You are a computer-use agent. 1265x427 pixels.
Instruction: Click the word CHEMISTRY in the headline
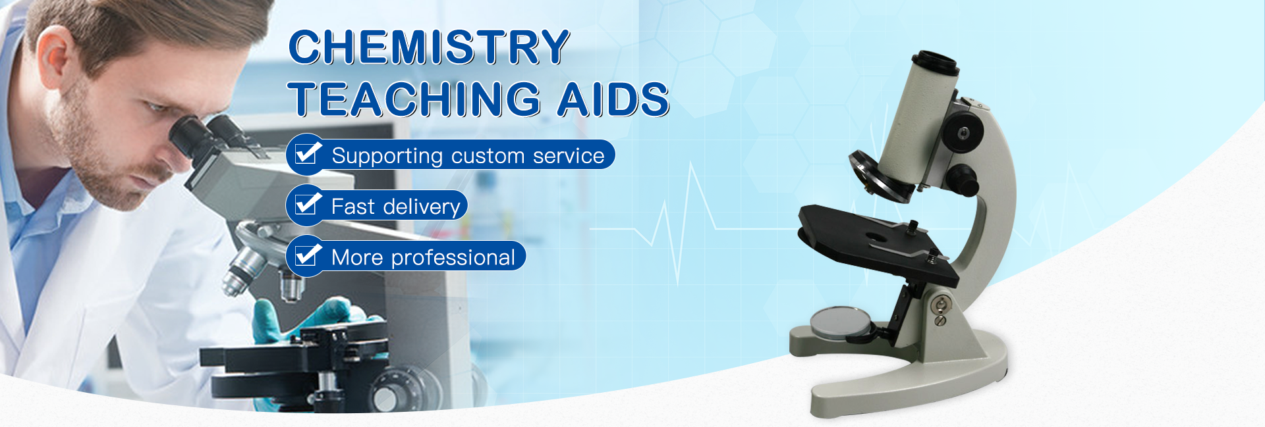(x=429, y=47)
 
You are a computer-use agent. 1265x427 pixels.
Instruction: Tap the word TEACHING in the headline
(x=414, y=99)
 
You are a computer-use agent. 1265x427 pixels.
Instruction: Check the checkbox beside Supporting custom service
(x=307, y=154)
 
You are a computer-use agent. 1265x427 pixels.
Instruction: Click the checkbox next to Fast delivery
(x=307, y=205)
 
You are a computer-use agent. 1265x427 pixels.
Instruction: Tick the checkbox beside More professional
(x=307, y=255)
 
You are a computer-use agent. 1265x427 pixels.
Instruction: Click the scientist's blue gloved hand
(x=310, y=319)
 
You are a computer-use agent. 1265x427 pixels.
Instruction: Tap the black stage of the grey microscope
(x=876, y=243)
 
